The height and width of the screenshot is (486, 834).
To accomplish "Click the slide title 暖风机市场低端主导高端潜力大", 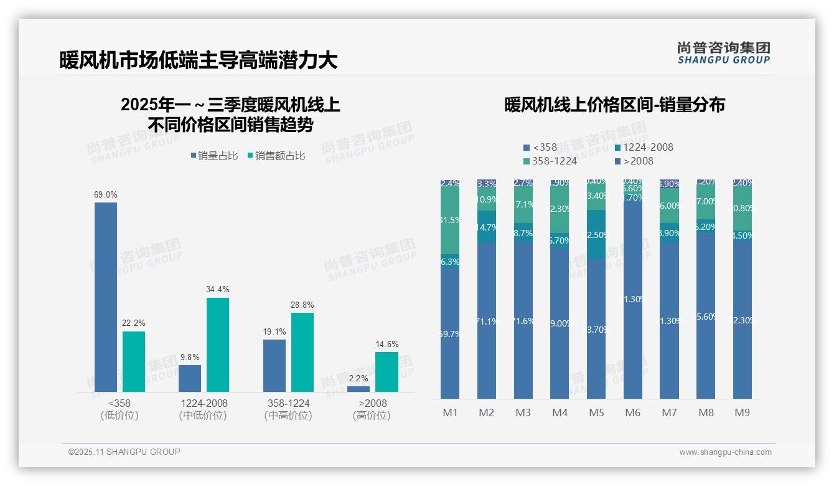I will point(198,60).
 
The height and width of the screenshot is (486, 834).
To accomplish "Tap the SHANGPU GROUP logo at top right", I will point(723,53).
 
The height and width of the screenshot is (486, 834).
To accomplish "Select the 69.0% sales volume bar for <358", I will point(106,297).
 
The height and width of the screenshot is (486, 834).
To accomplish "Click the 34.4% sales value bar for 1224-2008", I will point(218,345).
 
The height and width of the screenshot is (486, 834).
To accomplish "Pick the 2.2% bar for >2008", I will point(358,389).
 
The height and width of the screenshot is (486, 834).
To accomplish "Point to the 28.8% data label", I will point(302,305).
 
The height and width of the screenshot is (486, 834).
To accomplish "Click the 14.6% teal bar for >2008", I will point(387,372).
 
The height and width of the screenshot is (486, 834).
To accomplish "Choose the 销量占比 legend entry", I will point(214,156).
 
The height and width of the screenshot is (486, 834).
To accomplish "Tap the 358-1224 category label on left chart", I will point(288,403).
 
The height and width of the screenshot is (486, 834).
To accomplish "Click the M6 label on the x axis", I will point(633,412).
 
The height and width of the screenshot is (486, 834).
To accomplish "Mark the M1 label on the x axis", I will point(450,412).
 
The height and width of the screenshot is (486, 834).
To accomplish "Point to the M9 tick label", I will point(743,412).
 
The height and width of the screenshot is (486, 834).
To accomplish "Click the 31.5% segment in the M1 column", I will point(450,220).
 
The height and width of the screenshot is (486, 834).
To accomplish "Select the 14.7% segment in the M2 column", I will point(487,227).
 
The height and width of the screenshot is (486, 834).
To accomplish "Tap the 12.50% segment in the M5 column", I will point(596,234).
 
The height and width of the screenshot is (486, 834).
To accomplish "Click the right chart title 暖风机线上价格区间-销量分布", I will point(614,105).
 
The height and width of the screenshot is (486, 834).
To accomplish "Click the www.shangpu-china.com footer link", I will point(725,452).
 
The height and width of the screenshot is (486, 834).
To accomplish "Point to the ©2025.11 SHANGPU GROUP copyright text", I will point(124,452).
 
